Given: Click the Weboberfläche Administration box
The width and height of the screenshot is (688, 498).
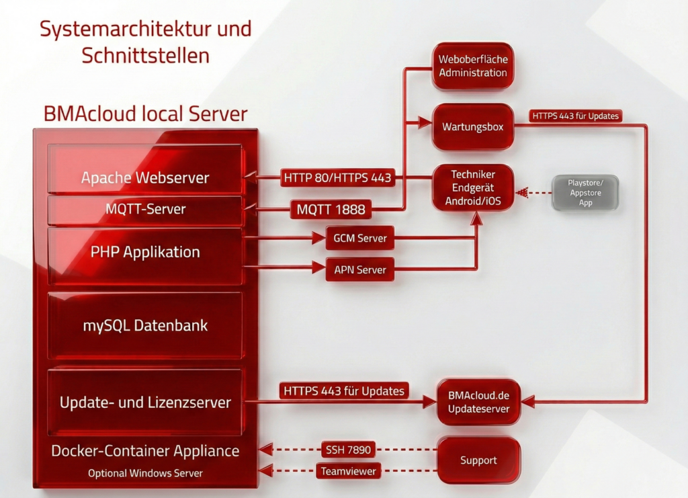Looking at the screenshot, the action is coord(473,66).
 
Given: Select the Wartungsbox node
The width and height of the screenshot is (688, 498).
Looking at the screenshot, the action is coord(473,127).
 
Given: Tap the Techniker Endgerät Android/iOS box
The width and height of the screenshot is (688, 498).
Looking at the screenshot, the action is coord(473,188).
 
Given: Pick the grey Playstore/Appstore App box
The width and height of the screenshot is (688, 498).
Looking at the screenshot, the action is coord(585,193).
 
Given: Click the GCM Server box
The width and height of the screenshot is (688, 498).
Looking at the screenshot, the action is coord(360,239).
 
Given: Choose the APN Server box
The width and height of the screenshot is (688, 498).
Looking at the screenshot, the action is coord(360,269).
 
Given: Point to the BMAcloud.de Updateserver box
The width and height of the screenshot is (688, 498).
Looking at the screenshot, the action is coord(478,402).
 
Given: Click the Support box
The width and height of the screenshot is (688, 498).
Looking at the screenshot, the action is coord(478,460).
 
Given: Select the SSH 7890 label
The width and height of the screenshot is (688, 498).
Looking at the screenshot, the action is coord(348,450).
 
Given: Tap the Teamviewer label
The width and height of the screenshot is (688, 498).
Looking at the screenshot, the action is coord(349,471).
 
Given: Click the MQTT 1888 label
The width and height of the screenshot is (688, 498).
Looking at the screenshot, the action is coord(331,209).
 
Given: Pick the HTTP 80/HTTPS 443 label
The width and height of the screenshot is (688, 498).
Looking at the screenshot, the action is coord(337,177).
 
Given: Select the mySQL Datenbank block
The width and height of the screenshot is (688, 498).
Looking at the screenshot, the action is coord(145,325).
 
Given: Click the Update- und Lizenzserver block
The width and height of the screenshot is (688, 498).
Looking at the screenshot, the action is coord(145,402).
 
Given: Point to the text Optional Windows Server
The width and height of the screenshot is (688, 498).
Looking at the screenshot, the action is coord(145,473).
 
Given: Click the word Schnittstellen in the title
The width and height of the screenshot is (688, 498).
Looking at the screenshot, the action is coord(145,56).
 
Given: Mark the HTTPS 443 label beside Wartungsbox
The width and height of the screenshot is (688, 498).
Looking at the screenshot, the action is coord(575,116).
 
